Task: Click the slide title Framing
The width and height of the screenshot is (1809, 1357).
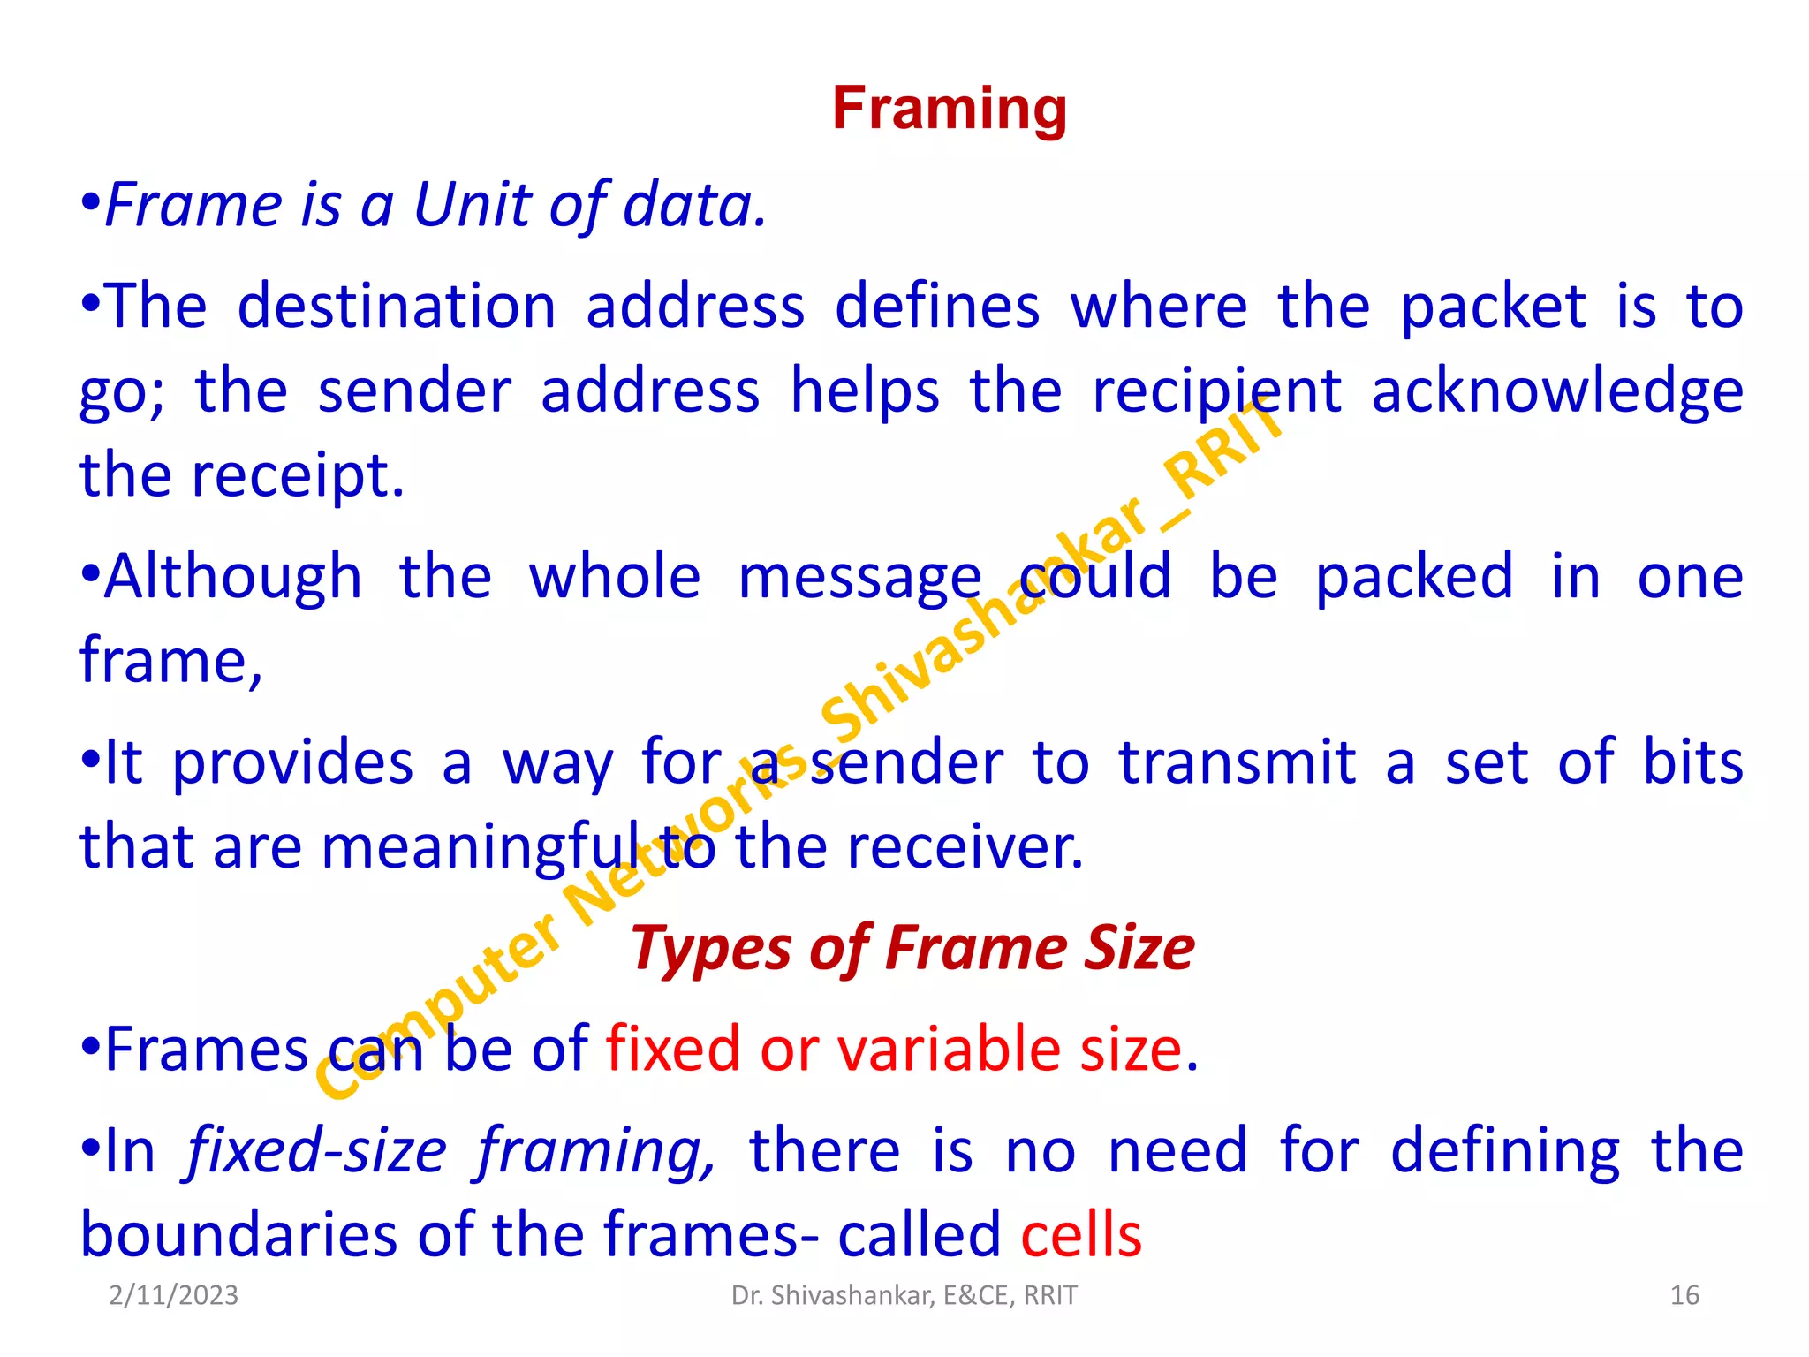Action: tap(950, 109)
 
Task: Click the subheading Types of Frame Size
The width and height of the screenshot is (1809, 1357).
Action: tap(912, 948)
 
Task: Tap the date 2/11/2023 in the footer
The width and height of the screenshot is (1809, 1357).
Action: tap(174, 1295)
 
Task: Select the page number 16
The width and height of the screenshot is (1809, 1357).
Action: tap(1684, 1295)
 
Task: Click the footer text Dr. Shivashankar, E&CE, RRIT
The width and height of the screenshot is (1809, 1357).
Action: tap(904, 1295)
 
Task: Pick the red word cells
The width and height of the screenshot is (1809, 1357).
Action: tap(1081, 1234)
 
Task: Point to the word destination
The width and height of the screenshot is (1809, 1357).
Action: tap(397, 307)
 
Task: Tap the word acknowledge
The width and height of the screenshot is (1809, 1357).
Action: tap(1557, 391)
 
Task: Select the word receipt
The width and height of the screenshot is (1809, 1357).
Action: tap(298, 475)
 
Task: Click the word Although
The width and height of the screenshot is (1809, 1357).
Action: tap(233, 576)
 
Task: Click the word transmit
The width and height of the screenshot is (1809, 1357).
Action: tap(1237, 762)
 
